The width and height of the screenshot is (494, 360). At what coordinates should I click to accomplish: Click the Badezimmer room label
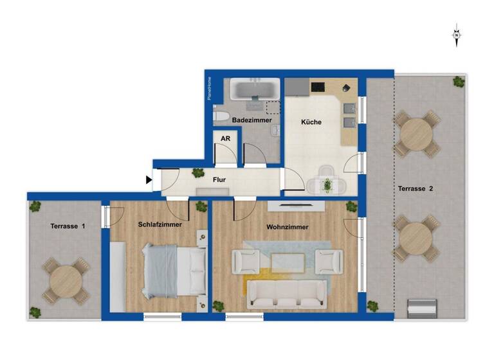[x=252, y=120]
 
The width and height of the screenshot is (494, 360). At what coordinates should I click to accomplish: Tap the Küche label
[x=311, y=122]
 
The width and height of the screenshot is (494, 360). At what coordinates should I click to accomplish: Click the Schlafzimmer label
[x=160, y=225]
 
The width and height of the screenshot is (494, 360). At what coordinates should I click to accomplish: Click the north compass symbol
[x=457, y=35]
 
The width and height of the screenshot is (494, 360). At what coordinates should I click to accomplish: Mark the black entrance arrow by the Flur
[x=149, y=181]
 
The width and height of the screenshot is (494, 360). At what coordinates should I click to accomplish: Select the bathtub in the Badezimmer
[x=255, y=89]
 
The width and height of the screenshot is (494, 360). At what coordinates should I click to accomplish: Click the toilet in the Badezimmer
[x=221, y=116]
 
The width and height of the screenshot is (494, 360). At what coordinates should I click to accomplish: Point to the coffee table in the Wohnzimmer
[x=288, y=262]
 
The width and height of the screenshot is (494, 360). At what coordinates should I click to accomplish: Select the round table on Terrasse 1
[x=66, y=281]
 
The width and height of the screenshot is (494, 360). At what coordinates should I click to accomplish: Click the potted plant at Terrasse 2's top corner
[x=458, y=82]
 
